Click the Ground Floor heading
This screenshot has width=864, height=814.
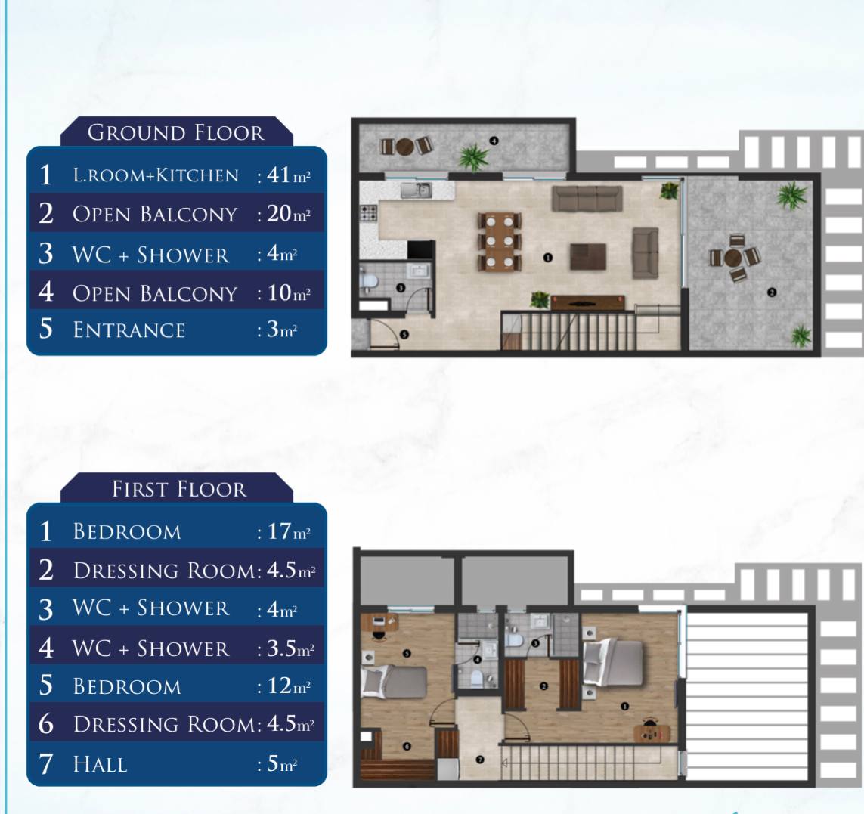tap(176, 133)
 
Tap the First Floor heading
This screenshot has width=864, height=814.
tap(179, 489)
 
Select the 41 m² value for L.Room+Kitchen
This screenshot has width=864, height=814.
tap(288, 175)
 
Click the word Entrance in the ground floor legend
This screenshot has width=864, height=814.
tap(129, 330)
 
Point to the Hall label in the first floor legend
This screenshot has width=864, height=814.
tap(100, 764)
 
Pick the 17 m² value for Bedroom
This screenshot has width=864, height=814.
tap(289, 531)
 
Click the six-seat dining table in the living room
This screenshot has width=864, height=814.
tap(500, 241)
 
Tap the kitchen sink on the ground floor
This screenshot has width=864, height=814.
tap(416, 190)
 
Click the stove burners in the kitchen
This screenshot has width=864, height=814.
tap(369, 212)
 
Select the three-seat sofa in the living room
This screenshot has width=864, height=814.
tap(587, 199)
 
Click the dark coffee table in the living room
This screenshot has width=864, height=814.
tap(588, 257)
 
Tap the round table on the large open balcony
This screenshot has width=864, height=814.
tap(735, 258)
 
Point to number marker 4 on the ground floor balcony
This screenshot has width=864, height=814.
tap(494, 141)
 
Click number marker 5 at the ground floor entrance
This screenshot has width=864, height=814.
tap(404, 335)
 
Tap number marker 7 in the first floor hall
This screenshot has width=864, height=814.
tap(480, 760)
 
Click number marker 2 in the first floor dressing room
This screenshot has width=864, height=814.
tap(543, 686)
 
